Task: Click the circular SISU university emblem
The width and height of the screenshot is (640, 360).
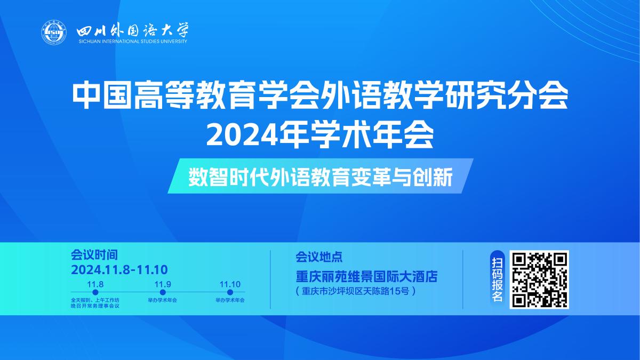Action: click(53, 33)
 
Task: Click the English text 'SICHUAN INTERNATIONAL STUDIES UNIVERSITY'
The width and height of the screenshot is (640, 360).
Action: click(133, 41)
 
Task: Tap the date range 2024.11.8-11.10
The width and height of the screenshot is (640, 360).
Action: click(119, 269)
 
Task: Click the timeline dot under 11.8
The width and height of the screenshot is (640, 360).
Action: click(95, 292)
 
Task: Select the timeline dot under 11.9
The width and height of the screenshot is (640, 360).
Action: click(163, 292)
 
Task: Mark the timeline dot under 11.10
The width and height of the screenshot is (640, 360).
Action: click(230, 292)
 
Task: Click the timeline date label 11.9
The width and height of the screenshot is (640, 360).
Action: click(163, 284)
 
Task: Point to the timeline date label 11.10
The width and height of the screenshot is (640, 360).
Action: click(230, 284)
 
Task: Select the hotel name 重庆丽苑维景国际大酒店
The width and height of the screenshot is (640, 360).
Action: click(366, 277)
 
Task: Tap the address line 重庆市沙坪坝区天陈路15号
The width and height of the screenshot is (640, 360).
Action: click(355, 292)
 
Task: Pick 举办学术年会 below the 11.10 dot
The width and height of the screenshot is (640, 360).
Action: click(230, 300)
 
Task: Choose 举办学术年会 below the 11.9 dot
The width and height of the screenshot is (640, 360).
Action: click(163, 300)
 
